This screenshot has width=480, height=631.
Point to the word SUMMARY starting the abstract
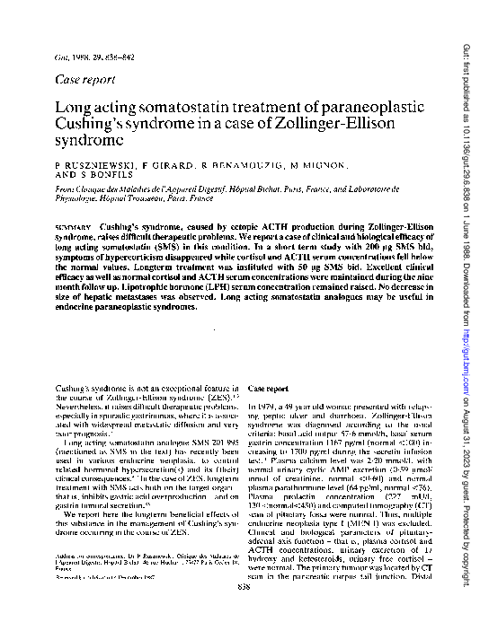click(x=73, y=220)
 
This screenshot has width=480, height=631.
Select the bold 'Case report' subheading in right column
click(x=268, y=362)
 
